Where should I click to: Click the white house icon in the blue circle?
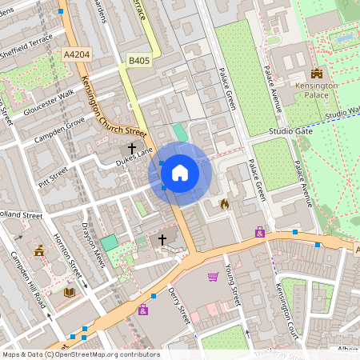[x=180, y=172]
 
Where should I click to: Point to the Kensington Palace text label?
[x=316, y=89]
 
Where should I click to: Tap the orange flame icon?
[x=224, y=204]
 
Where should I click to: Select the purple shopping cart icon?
[x=213, y=277]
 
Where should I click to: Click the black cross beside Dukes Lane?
[x=132, y=148]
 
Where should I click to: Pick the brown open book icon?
[x=69, y=292]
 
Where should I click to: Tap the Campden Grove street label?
[x=58, y=133]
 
